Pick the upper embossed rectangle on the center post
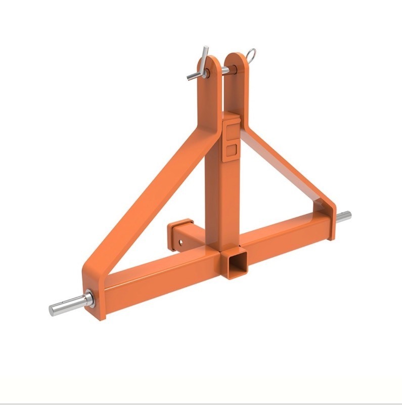(x=231, y=131)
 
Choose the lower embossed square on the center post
(x=231, y=150)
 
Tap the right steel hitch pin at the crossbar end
(x=344, y=217)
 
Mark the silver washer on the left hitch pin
(x=89, y=299)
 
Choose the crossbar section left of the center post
(x=162, y=276)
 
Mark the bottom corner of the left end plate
(x=101, y=317)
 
